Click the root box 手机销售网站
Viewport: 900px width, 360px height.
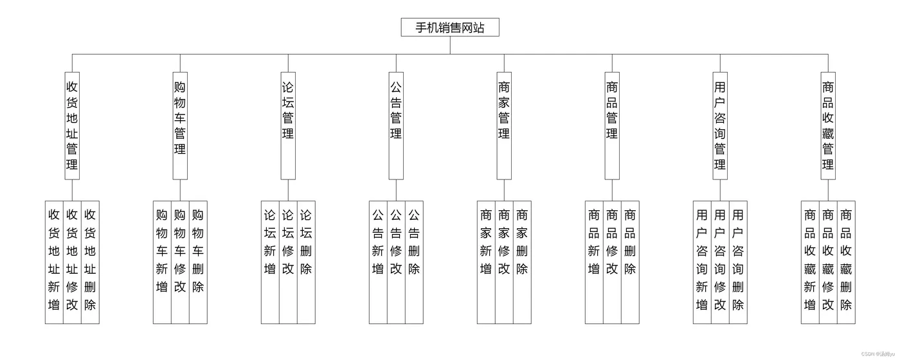[450, 27]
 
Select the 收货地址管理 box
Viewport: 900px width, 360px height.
[72, 125]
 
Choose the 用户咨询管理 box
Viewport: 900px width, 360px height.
[720, 125]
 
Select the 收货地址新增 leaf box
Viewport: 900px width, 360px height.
[54, 262]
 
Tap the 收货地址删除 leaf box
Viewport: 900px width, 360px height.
[90, 262]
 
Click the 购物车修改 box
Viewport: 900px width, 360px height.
[180, 262]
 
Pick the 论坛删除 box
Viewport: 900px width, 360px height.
[306, 262]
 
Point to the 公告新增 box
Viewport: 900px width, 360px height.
[378, 262]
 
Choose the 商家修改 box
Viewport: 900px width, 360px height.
[504, 262]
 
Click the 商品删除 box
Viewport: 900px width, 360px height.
[630, 262]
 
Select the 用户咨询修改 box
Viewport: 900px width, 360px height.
[720, 262]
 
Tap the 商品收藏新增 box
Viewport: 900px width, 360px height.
[810, 262]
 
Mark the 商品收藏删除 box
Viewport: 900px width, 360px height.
[846, 262]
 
